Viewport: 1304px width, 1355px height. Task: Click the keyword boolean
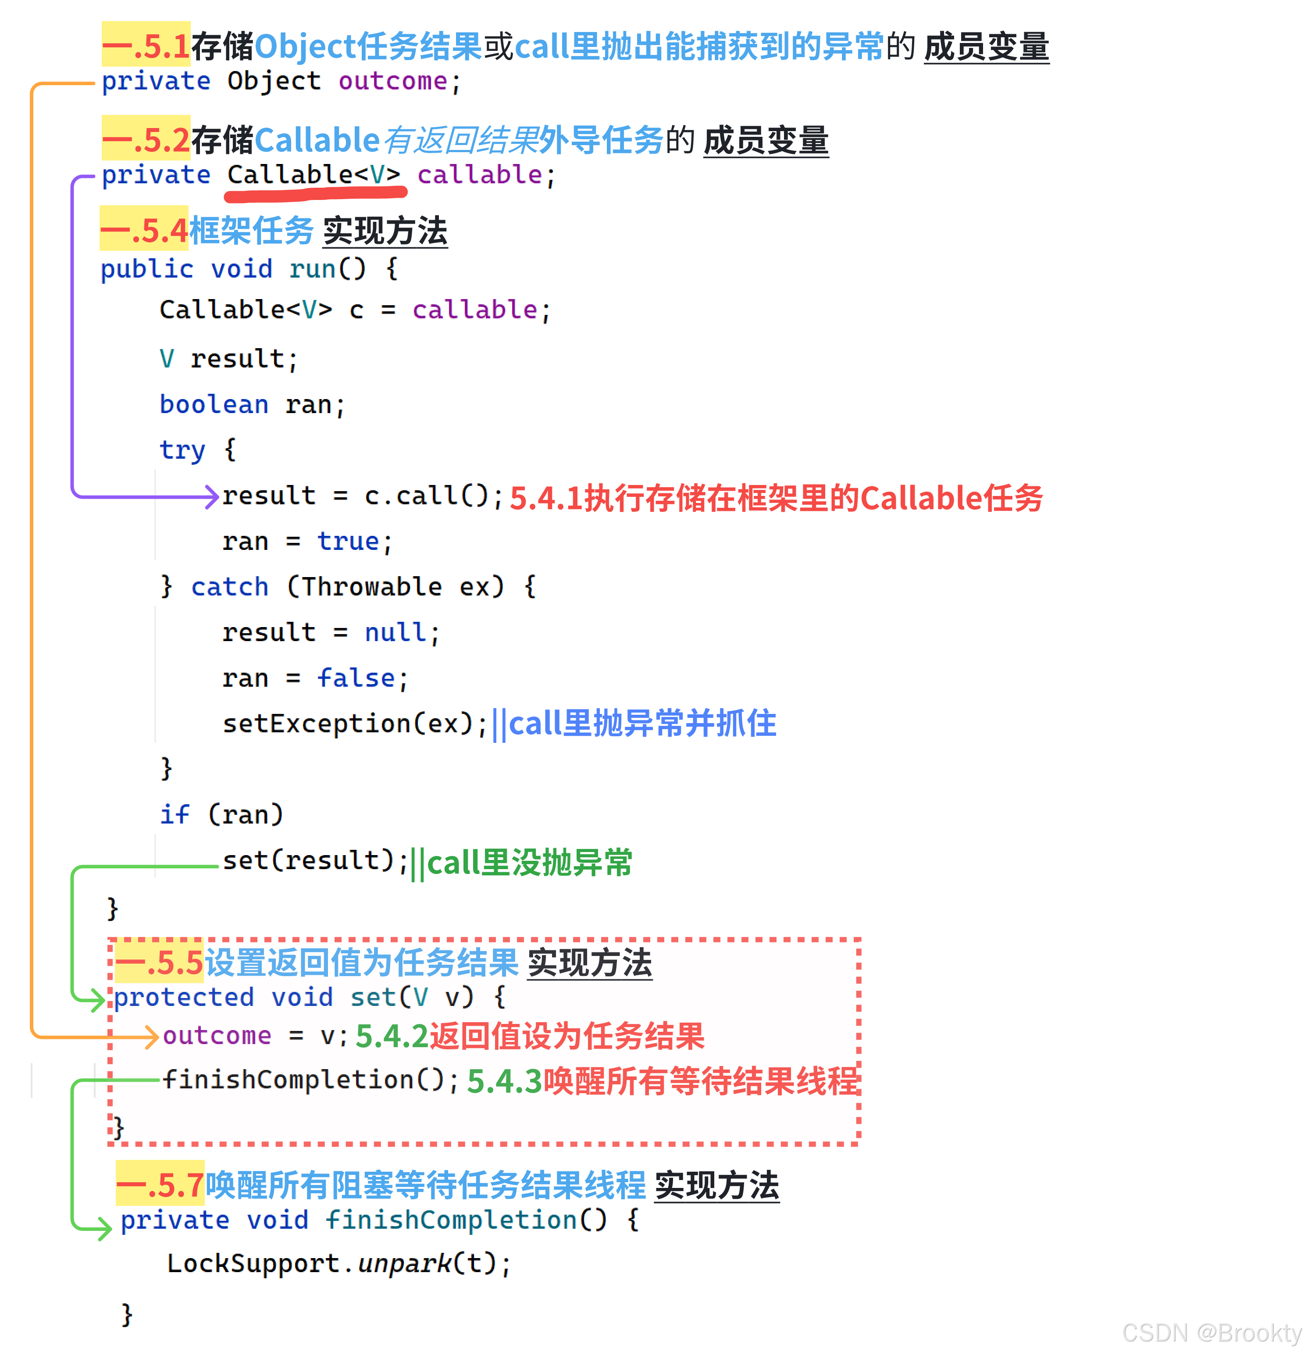(214, 404)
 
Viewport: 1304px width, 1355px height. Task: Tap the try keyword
(182, 450)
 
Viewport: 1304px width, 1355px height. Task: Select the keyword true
(348, 541)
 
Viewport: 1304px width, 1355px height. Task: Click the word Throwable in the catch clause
(372, 587)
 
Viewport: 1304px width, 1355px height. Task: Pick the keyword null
(395, 633)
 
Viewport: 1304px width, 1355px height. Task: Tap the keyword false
(356, 678)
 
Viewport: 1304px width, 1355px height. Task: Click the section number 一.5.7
(160, 1185)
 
